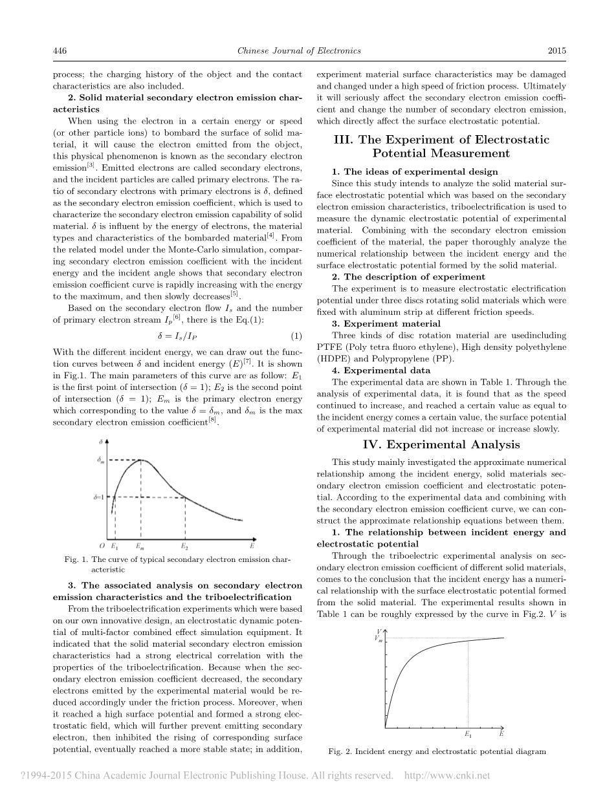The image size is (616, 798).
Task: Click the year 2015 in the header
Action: [x=556, y=51]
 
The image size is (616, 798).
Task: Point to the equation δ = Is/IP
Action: [x=177, y=336]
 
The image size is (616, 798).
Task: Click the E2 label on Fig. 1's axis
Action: [x=185, y=546]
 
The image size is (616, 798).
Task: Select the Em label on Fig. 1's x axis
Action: [x=140, y=546]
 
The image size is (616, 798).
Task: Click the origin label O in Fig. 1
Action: [x=102, y=546]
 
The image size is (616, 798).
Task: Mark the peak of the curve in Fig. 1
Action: [x=140, y=460]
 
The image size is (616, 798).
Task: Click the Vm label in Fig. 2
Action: [x=379, y=638]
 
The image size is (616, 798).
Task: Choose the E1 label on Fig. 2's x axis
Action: [x=468, y=734]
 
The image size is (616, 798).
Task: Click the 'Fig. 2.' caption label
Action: [x=341, y=751]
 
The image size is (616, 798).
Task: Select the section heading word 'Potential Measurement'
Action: [x=441, y=153]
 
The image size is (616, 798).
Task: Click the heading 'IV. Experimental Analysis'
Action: [x=441, y=444]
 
